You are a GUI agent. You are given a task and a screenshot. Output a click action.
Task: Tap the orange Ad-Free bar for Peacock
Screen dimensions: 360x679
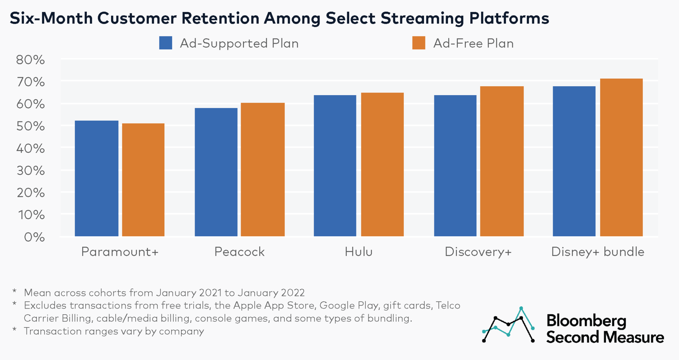pos(263,169)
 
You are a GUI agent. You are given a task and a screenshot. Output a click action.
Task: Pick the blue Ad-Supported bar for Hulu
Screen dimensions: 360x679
pos(335,166)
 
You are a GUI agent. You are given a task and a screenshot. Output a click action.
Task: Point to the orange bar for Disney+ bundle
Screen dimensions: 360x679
pos(621,157)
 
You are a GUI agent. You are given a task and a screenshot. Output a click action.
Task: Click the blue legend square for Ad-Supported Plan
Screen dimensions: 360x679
pos(165,43)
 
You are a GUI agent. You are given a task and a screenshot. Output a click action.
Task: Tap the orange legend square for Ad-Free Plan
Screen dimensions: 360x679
pos(418,43)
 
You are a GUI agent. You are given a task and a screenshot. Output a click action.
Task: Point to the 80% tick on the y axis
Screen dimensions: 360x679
pos(30,60)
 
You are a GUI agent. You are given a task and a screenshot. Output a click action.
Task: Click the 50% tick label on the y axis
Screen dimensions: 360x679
pos(30,126)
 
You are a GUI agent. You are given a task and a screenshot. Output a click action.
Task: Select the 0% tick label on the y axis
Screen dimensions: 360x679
pos(34,237)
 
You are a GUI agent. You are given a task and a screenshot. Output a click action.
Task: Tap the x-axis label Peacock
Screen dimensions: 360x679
pos(239,252)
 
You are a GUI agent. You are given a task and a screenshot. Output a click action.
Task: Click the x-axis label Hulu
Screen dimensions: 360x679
pos(358,252)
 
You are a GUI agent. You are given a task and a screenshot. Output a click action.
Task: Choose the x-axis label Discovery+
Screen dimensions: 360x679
pos(478,252)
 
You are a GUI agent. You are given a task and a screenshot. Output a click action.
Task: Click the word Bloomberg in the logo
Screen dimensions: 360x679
pos(586,321)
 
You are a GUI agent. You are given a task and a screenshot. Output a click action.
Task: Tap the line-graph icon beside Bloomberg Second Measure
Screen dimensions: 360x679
pos(508,325)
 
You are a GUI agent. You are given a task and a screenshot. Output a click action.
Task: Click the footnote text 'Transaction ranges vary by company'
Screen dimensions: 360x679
pos(114,331)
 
